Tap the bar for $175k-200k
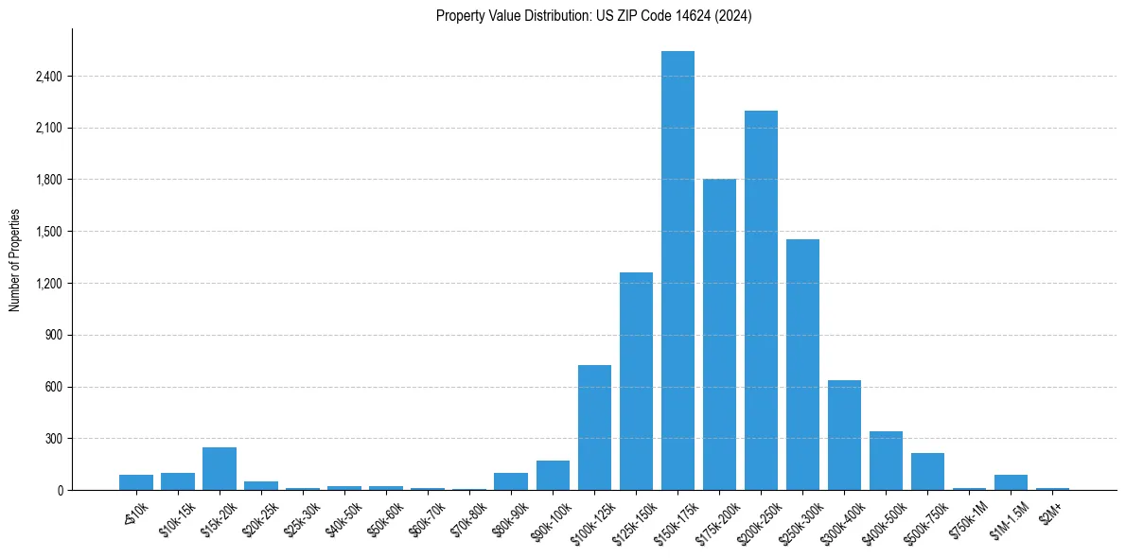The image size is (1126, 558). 719,335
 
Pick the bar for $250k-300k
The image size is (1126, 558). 802,365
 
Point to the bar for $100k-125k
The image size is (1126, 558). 594,427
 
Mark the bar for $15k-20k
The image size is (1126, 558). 220,469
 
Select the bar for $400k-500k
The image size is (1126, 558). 886,461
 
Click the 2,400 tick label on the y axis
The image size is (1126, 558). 47,77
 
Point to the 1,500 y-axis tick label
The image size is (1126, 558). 47,232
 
